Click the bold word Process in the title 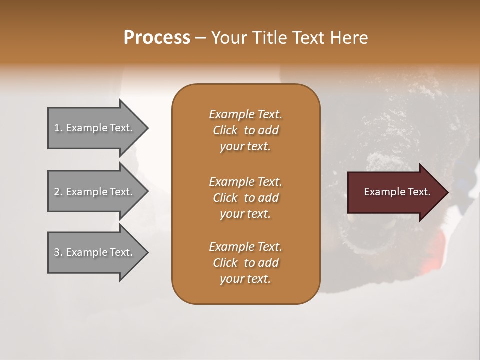157,38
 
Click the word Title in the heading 268,38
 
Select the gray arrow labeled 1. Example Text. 95,128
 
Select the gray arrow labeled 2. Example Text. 95,192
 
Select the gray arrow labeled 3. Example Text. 95,252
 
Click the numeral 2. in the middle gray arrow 58,192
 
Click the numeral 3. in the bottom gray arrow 58,252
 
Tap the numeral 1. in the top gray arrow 58,128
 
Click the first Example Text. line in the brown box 245,114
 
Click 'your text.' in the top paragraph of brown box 245,146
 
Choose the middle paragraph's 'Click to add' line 245,198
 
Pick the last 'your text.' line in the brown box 245,279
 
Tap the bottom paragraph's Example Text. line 245,247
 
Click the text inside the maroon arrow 397,192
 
